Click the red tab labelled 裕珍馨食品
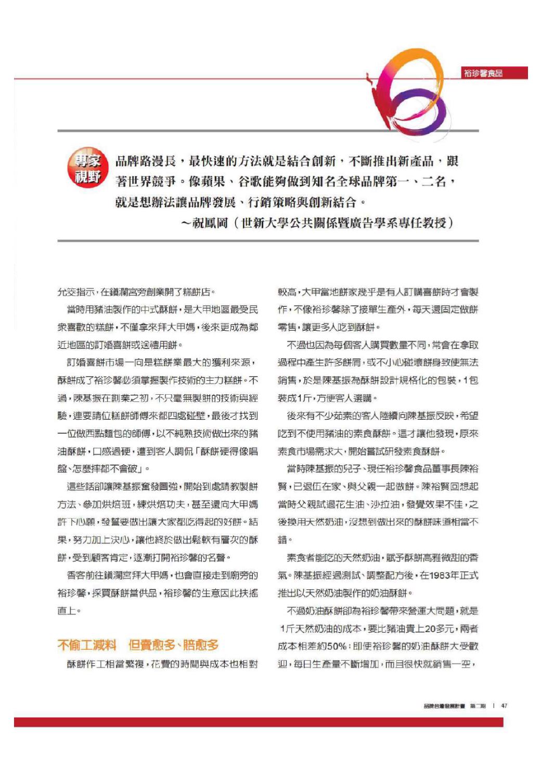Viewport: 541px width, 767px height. [x=483, y=73]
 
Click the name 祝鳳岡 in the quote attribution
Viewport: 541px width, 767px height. [x=210, y=223]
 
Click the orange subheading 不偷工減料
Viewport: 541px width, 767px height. [x=86, y=645]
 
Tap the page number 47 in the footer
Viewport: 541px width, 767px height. [x=504, y=706]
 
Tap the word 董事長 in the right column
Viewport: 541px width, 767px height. [x=441, y=469]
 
